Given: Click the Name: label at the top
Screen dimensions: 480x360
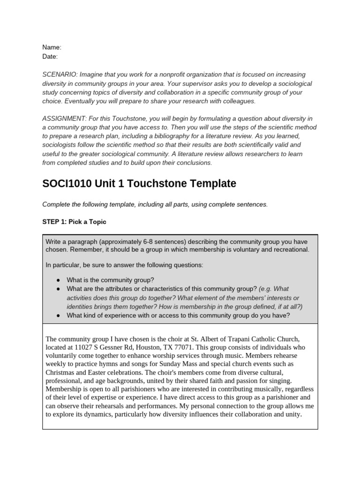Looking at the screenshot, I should [x=52, y=47].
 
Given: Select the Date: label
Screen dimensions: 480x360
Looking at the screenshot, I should [x=50, y=57].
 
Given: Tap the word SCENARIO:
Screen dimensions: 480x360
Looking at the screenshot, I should [x=60, y=75].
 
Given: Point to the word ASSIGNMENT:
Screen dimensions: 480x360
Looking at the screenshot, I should [x=63, y=119].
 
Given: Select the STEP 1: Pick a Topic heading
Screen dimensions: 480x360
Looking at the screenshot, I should [x=74, y=222].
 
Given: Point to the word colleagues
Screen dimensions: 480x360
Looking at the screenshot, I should [x=240, y=101].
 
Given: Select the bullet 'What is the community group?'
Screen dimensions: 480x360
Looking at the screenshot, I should [x=110, y=280].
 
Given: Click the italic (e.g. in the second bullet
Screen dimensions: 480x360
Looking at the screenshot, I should [x=265, y=289].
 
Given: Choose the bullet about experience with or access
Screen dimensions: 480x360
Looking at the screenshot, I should [x=178, y=315].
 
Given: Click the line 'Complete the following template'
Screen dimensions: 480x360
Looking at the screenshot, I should [x=155, y=204].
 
